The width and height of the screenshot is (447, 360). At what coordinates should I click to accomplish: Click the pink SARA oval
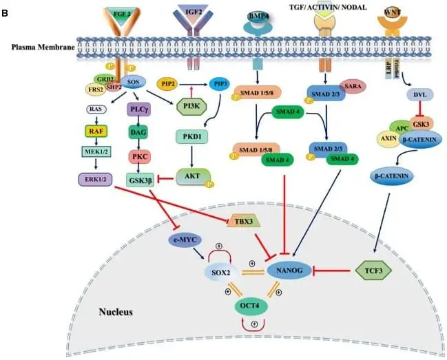[360, 87]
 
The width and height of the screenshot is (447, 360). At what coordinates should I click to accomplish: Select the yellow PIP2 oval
[168, 83]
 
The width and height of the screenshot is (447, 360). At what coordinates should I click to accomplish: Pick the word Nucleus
[114, 312]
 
